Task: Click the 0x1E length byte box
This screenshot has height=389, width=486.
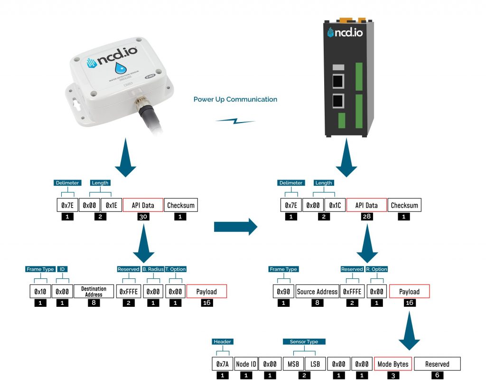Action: (111, 205)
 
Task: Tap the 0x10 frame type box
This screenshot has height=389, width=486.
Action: (40, 291)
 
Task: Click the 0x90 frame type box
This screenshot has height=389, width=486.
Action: (283, 291)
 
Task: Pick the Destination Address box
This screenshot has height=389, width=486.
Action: (93, 291)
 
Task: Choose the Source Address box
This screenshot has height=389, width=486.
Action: (317, 291)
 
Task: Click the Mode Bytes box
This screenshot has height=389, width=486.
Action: (393, 364)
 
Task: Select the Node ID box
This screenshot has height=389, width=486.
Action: (246, 364)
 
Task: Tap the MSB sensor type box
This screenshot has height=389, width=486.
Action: (292, 364)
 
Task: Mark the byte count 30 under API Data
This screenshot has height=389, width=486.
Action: (143, 217)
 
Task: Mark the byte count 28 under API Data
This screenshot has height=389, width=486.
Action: (365, 217)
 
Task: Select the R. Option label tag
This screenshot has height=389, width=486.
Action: (377, 269)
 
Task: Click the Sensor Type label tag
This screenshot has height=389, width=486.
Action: (304, 342)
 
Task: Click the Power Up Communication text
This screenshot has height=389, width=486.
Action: (235, 99)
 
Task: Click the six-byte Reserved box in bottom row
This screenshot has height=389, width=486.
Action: (437, 364)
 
